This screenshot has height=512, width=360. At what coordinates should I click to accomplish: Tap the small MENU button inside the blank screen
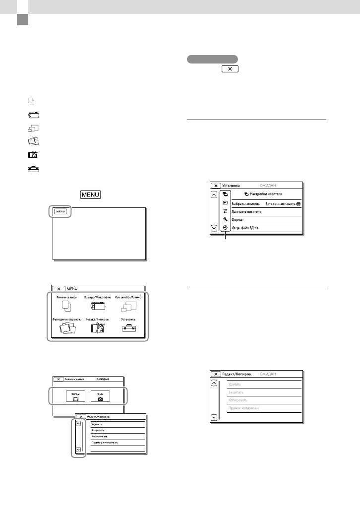click(x=60, y=211)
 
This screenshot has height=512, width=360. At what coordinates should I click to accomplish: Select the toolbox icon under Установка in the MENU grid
click(x=128, y=329)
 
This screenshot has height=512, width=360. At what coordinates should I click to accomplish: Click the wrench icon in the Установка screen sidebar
click(x=226, y=219)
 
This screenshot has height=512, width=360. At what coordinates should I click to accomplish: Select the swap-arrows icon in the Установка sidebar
click(x=226, y=211)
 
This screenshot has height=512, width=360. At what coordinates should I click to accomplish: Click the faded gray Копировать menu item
click(x=238, y=400)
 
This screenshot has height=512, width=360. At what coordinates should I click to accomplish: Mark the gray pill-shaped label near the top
click(x=212, y=59)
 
